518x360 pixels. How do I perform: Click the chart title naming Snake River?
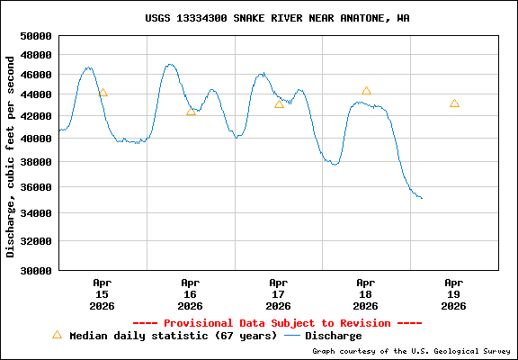pyautogui.click(x=277, y=18)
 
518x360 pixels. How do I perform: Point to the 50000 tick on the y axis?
pyautogui.click(x=37, y=36)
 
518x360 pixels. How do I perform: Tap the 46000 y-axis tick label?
pyautogui.click(x=37, y=74)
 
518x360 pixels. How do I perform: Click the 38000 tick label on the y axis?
pyautogui.click(x=37, y=162)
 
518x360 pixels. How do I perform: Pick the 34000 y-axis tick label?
pyautogui.click(x=37, y=213)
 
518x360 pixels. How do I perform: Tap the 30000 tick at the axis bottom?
pyautogui.click(x=37, y=270)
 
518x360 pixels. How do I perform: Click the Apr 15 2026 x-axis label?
pyautogui.click(x=102, y=293)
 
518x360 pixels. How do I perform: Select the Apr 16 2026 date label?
pyautogui.click(x=190, y=293)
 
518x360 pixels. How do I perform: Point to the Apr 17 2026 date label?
pyautogui.click(x=278, y=293)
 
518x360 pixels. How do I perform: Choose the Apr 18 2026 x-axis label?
pyautogui.click(x=366, y=293)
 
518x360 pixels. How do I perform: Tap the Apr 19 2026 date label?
pyautogui.click(x=454, y=293)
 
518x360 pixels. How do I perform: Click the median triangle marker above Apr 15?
pyautogui.click(x=103, y=92)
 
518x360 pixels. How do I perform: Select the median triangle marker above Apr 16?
pyautogui.click(x=191, y=111)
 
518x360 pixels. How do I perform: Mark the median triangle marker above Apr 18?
pyautogui.click(x=366, y=91)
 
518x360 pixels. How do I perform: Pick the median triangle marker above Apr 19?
pyautogui.click(x=454, y=103)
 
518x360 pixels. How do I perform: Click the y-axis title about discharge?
pyautogui.click(x=11, y=155)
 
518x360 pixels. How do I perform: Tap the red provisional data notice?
pyautogui.click(x=277, y=322)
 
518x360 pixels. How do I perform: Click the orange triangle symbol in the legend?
pyautogui.click(x=57, y=335)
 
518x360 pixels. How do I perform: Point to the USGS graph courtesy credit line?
pyautogui.click(x=411, y=352)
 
